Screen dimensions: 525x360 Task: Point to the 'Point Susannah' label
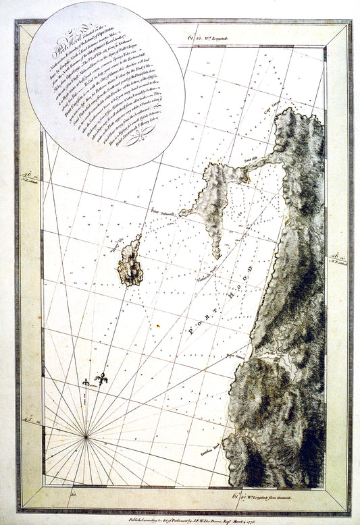163,211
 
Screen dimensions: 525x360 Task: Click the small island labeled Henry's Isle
130,260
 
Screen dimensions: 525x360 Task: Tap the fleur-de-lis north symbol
102,380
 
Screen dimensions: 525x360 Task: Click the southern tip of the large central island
217,256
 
